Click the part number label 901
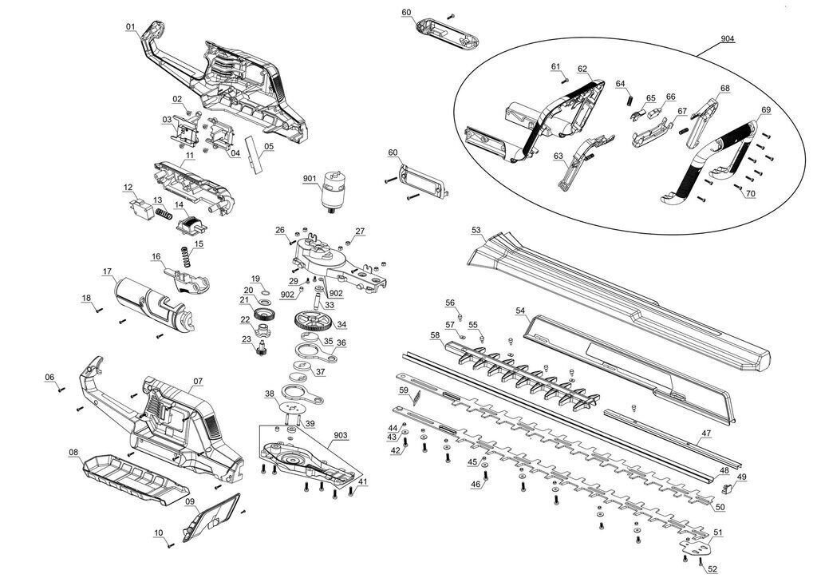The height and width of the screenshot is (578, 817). click(310, 178)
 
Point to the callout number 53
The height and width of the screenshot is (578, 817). click(476, 230)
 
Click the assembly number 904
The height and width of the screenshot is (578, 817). click(727, 38)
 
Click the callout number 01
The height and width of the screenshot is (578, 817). click(130, 26)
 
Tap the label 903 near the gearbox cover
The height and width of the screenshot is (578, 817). click(341, 434)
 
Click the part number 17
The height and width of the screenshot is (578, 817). click(107, 272)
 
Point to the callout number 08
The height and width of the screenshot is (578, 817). click(73, 453)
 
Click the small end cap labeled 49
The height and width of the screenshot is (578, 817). click(728, 487)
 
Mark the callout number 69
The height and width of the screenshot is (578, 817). click(765, 109)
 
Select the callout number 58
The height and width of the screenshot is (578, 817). click(435, 335)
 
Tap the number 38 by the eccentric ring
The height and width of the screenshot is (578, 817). click(270, 393)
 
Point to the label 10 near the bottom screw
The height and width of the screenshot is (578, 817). click(158, 532)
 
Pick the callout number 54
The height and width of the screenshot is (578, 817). click(520, 310)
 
